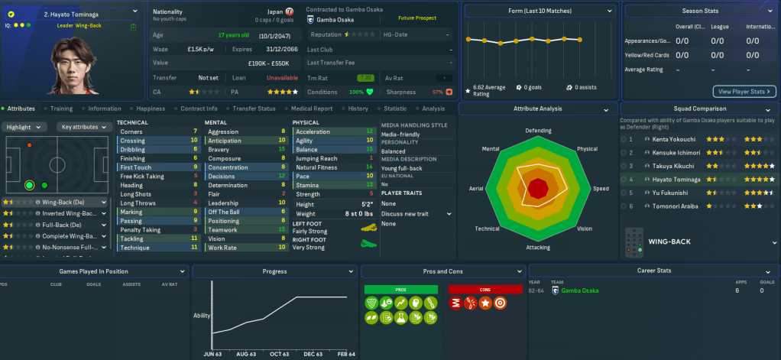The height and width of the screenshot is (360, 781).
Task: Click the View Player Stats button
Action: point(744,92)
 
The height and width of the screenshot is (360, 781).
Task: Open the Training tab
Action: point(61,109)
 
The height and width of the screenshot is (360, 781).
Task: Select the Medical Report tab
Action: point(312,109)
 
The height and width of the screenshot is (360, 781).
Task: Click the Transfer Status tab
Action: point(254,109)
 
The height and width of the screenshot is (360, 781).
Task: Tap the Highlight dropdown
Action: point(26,127)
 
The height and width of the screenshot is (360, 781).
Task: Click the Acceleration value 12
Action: point(369,131)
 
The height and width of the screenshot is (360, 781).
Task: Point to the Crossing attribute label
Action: point(132,141)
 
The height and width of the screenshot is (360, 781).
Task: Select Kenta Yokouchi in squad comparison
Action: point(672,140)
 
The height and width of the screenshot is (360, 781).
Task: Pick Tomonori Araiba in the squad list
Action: point(672,206)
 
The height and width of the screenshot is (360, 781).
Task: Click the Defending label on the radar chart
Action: point(538,131)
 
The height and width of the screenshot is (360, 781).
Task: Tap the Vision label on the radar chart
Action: point(584,229)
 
